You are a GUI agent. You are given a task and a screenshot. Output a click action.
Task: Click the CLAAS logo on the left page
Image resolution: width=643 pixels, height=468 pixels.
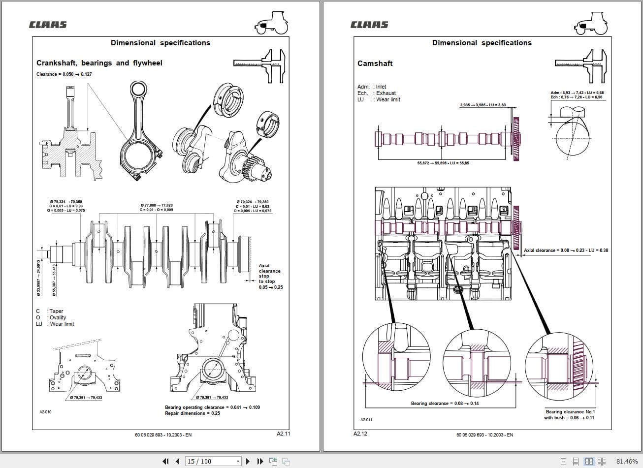click(x=48, y=25)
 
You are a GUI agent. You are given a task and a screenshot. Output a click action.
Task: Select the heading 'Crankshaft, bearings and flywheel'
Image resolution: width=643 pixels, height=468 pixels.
click(x=99, y=63)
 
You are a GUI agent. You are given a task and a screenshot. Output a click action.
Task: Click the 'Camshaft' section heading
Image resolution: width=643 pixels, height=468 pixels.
click(x=375, y=63)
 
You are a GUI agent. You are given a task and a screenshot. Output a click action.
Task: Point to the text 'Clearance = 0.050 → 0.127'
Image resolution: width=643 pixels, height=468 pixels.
click(x=64, y=74)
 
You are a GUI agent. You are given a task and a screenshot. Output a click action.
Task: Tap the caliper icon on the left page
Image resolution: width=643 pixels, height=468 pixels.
click(x=259, y=65)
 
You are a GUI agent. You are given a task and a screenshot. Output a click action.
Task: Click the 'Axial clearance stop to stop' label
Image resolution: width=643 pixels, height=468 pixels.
click(x=270, y=276)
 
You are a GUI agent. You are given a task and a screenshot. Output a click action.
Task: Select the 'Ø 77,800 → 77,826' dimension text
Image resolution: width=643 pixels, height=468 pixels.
click(x=157, y=205)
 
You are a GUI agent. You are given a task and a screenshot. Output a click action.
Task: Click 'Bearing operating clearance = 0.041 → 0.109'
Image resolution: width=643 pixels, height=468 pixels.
click(x=212, y=407)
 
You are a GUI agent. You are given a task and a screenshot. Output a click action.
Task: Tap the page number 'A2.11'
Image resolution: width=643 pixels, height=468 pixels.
click(x=284, y=434)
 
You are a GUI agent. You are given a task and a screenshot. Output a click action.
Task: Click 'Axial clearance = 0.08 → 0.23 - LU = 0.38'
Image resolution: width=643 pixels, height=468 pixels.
click(x=566, y=250)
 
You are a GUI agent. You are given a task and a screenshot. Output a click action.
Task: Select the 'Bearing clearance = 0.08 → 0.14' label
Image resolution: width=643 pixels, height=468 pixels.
click(x=445, y=404)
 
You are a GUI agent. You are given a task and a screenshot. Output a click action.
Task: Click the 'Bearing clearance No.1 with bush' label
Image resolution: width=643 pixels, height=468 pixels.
click(x=570, y=415)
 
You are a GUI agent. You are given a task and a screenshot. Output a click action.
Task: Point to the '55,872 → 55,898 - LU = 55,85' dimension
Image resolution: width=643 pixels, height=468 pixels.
click(x=443, y=163)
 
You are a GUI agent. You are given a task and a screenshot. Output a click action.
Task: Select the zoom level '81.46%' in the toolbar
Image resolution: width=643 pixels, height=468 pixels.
click(x=627, y=461)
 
